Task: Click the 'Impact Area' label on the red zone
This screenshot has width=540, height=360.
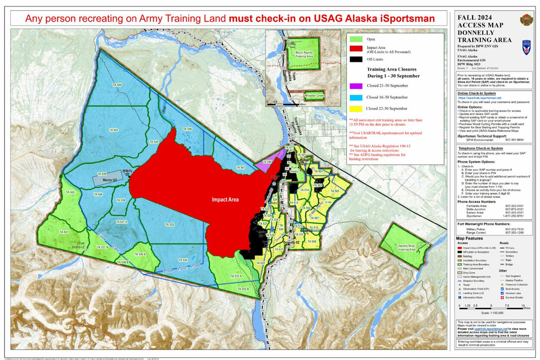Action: (226, 199)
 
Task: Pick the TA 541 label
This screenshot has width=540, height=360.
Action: (63, 232)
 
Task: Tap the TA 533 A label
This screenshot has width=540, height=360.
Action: (235, 276)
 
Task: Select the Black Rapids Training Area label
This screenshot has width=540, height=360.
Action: (304, 55)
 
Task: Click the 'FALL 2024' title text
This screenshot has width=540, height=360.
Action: (473, 18)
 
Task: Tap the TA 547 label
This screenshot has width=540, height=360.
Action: (240, 167)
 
